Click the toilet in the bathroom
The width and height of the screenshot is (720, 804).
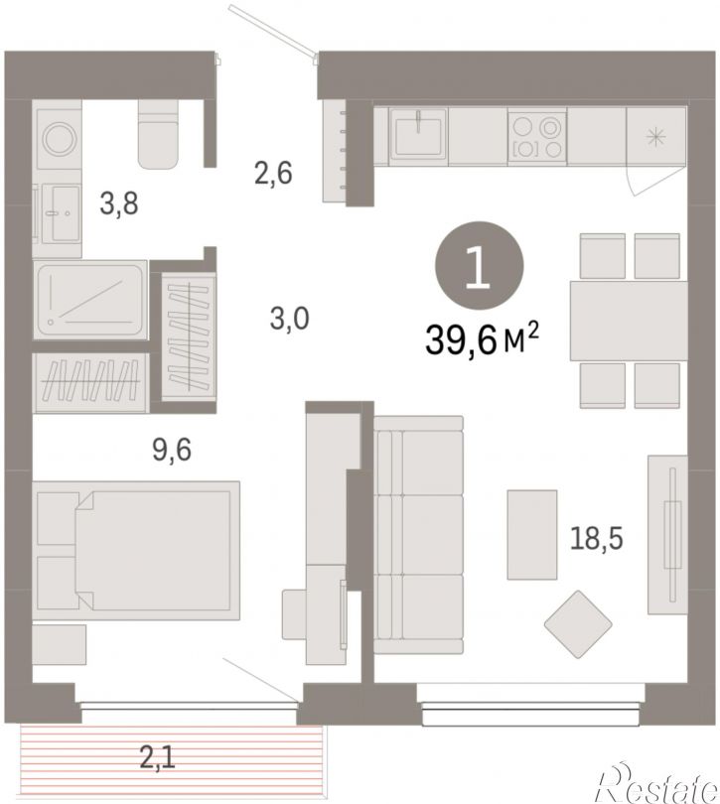coord(158,133)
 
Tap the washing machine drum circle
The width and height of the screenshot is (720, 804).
coord(61,138)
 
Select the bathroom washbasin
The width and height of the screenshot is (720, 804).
coord(61,213)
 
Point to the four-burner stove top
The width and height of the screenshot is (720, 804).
coord(537,136)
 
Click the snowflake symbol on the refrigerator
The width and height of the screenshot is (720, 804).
coord(655,137)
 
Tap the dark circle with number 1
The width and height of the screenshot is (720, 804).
coord(480,265)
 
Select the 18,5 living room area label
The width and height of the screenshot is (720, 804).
coord(597,538)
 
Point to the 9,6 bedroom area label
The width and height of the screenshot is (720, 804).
coord(172,450)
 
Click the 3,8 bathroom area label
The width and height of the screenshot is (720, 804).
coord(119,203)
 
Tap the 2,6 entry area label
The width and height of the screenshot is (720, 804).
coord(273,173)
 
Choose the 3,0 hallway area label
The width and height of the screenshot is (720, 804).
coord(289,319)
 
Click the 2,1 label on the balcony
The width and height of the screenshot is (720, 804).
coord(158,757)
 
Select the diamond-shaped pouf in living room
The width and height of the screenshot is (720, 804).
coord(578,624)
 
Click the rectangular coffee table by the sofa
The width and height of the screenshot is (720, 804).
coord(532,535)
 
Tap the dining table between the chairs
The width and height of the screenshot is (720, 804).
coord(629,321)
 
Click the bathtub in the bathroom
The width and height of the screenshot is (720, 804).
coord(90,300)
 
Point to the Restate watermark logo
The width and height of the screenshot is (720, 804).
coord(656,785)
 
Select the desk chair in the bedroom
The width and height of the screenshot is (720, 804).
coord(295,614)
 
